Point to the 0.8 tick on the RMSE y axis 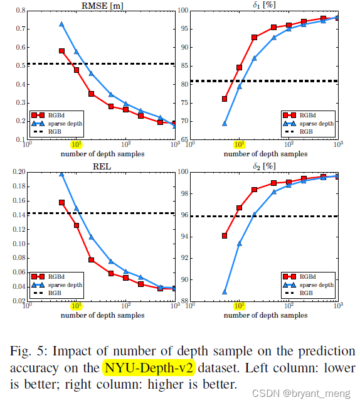18,11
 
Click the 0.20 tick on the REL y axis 17,172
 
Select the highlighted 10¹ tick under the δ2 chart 239,306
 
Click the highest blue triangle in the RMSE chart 61,24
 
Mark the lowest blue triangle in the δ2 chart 225,291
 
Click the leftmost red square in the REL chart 61,202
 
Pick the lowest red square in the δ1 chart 225,99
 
